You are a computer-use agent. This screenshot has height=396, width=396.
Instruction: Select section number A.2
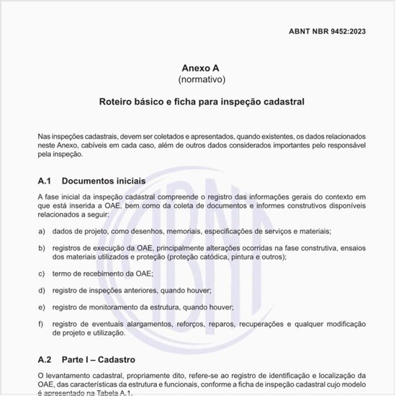(45, 359)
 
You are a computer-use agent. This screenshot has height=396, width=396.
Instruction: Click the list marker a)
(42, 231)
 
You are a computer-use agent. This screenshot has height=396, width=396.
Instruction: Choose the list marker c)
(42, 274)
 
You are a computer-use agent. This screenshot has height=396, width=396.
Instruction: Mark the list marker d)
(42, 290)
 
